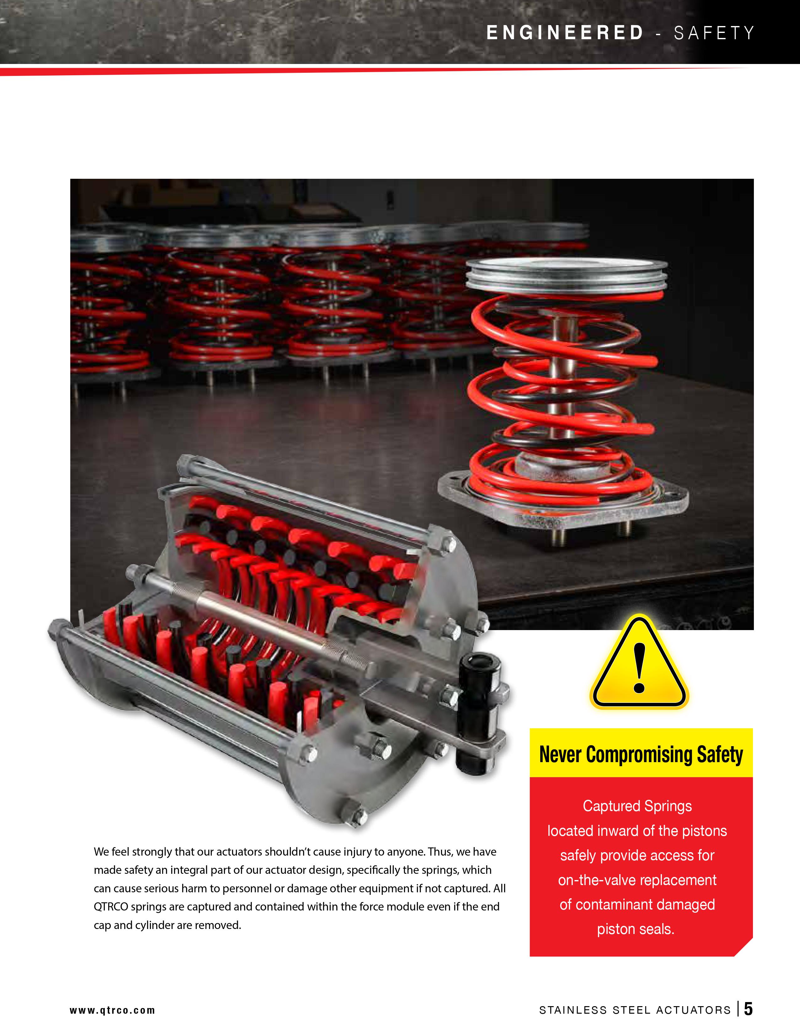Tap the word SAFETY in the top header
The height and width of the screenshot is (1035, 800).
[714, 33]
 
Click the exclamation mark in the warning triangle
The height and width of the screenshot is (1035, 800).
[639, 668]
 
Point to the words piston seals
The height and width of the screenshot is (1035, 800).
[636, 929]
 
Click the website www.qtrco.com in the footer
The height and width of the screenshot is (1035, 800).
[112, 1010]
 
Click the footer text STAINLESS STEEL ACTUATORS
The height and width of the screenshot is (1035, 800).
[635, 1010]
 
